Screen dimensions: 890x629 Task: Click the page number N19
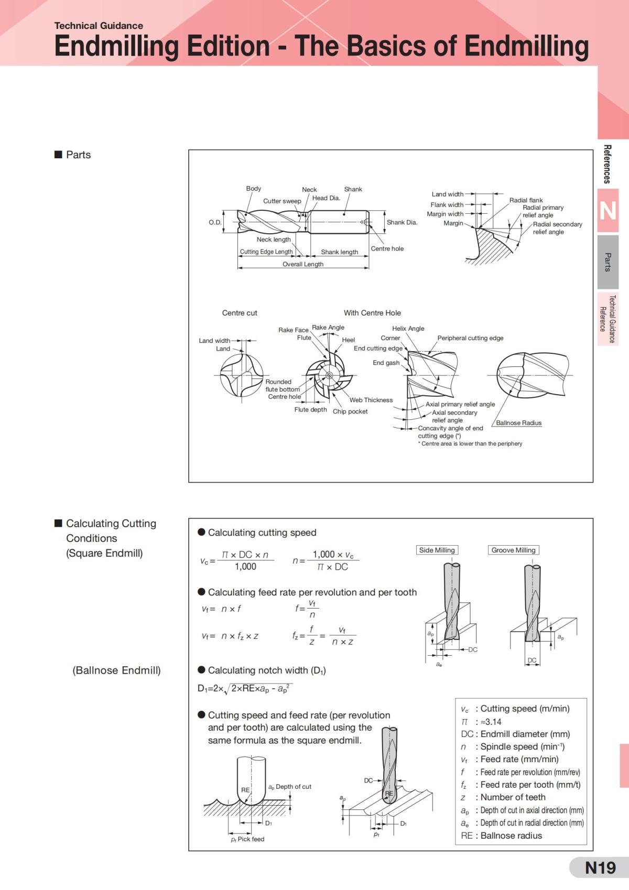600,868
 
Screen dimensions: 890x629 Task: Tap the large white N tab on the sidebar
608,211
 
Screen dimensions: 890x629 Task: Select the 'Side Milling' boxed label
437,550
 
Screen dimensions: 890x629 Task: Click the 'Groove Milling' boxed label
513,550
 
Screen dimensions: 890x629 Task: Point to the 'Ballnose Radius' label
518,423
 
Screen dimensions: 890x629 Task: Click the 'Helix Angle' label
408,328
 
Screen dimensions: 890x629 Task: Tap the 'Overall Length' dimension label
303,264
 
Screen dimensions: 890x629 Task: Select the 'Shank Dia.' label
402,222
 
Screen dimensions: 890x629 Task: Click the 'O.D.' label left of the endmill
215,222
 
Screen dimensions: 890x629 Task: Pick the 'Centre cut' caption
240,313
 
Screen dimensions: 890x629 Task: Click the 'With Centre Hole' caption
372,313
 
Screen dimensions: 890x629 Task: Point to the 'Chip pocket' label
350,411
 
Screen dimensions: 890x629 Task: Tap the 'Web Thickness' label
371,400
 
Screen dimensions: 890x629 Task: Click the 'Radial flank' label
526,200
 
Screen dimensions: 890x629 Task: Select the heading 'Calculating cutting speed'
262,533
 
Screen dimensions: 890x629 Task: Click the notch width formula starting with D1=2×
245,689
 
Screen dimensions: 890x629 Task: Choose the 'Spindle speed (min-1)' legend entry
522,746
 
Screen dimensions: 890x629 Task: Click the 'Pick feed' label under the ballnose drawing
251,839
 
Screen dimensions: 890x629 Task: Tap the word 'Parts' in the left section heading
78,155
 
